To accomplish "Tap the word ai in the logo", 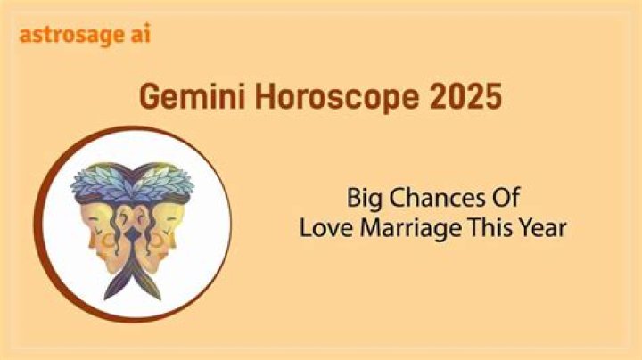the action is click(141, 33).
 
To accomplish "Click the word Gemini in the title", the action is click(193, 97).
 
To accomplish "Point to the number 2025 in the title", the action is click(465, 97).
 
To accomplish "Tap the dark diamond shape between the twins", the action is click(133, 235).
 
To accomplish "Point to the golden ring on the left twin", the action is click(109, 242).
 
